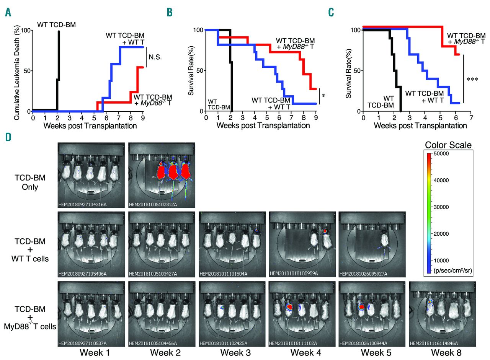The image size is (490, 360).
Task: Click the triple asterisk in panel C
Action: [x=472, y=79]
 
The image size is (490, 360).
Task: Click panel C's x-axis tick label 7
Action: [x=471, y=119]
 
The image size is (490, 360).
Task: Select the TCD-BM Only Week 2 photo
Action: [x=162, y=175]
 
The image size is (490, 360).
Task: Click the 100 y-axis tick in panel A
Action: [x=26, y=30]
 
